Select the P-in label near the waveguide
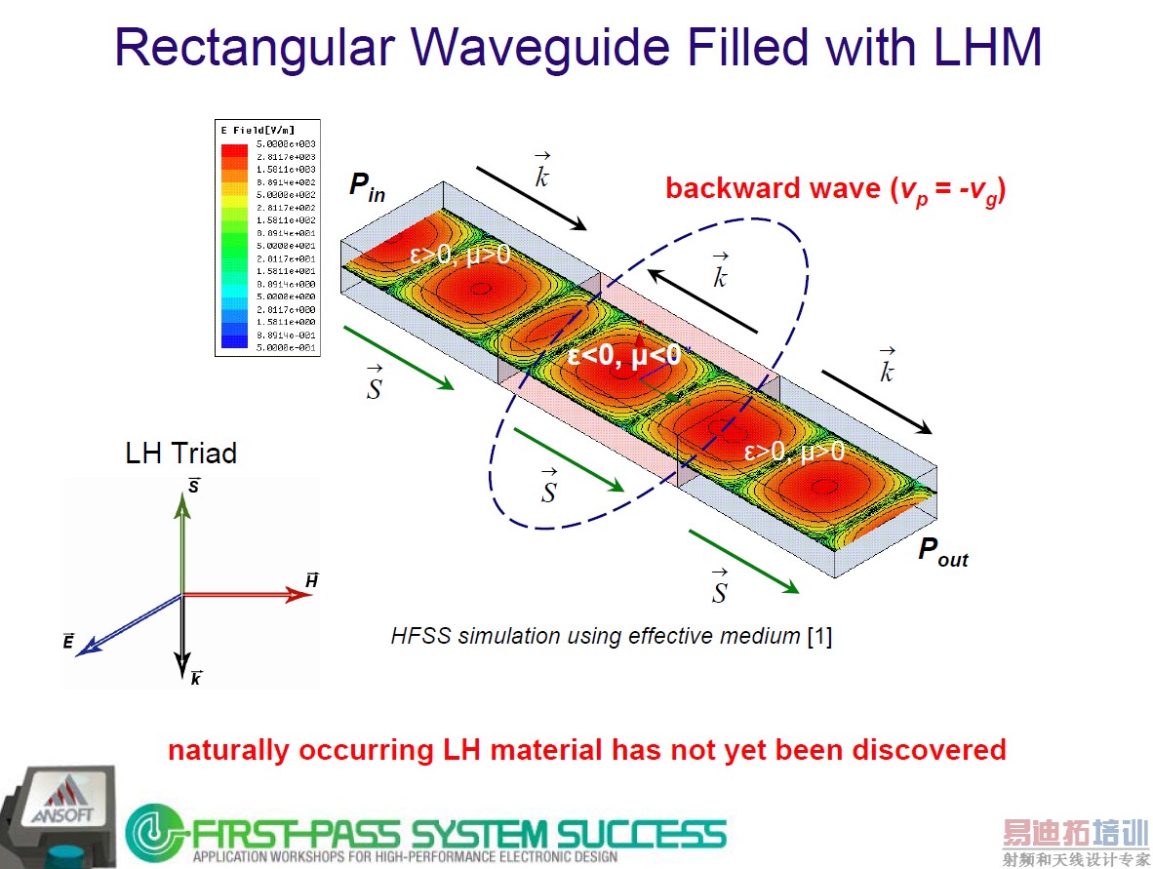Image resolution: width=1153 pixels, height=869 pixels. pyautogui.click(x=367, y=187)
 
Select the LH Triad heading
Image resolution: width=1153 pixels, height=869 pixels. pyautogui.click(x=180, y=454)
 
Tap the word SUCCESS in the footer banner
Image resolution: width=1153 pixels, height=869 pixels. pyautogui.click(x=641, y=834)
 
